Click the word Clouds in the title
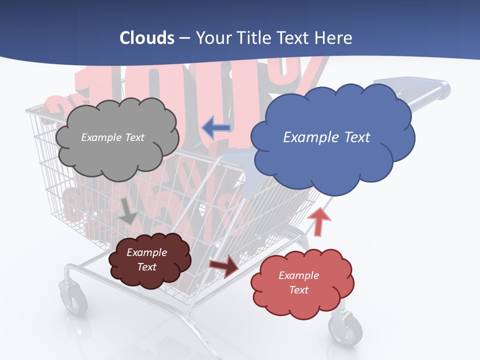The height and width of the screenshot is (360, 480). coord(147,37)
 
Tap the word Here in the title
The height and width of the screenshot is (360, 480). coord(333,37)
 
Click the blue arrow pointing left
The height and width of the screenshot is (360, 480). coord(216,128)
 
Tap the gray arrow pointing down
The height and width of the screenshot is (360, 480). coord(128,211)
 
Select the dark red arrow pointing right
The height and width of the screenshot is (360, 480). coord(224,265)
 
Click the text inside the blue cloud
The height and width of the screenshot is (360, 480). coord(326,137)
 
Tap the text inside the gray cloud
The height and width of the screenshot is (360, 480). coord(112,137)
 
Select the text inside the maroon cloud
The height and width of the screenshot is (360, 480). coord(146,259)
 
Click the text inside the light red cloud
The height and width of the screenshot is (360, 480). coord(298,282)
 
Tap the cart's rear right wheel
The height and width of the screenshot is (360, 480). coord(345,327)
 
